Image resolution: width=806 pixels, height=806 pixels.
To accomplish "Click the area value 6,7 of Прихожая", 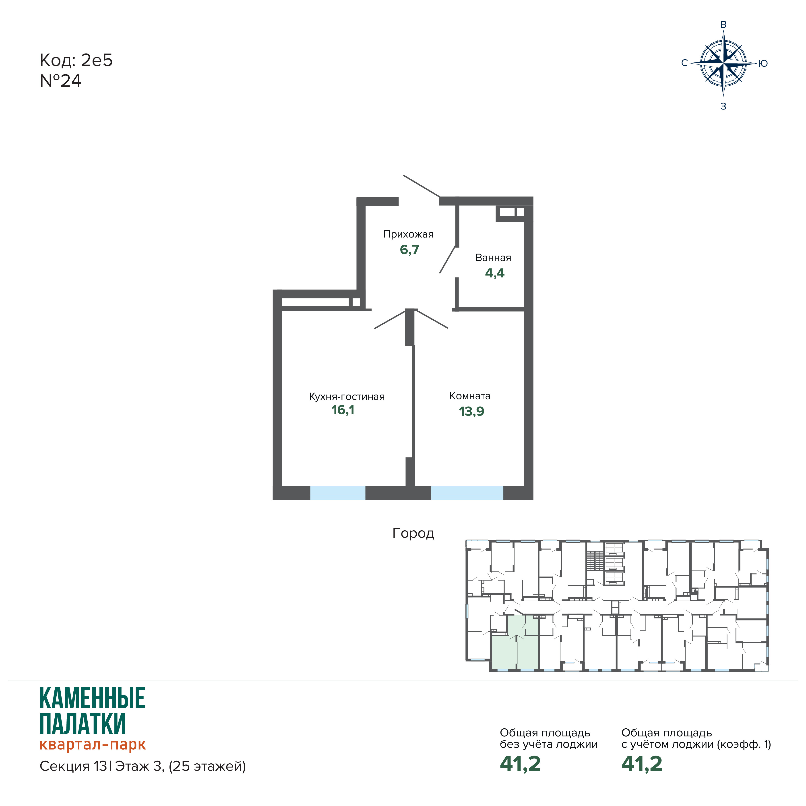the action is pos(409,250).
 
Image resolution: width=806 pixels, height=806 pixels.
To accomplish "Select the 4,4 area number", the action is pos(495,273).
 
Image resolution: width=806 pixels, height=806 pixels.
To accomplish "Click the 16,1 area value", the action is pos(343,410).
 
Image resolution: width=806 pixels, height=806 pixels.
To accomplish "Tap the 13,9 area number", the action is pos(471,411).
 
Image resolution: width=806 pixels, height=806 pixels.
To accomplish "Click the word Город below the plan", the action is pos(413,533).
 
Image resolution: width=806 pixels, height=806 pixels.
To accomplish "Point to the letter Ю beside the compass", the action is pos(763,63).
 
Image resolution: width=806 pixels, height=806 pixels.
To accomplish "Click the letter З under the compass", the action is pos(723,106).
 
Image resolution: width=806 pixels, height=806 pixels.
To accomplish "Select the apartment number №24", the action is pos(60,81).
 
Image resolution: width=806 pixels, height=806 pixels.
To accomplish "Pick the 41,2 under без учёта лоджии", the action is pos(520,764).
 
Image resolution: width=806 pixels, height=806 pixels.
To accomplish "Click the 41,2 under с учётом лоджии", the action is pos(642,764).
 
